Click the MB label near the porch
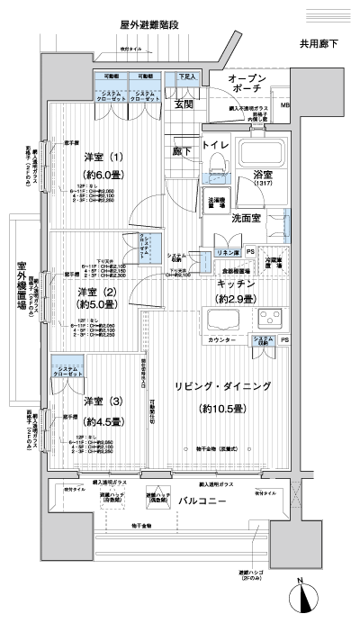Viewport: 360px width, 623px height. pyautogui.click(x=285, y=106)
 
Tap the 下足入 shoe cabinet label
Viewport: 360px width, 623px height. pyautogui.click(x=186, y=78)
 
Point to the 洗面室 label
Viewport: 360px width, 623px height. pyautogui.click(x=247, y=217)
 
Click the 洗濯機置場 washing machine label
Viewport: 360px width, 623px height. pyautogui.click(x=216, y=203)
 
